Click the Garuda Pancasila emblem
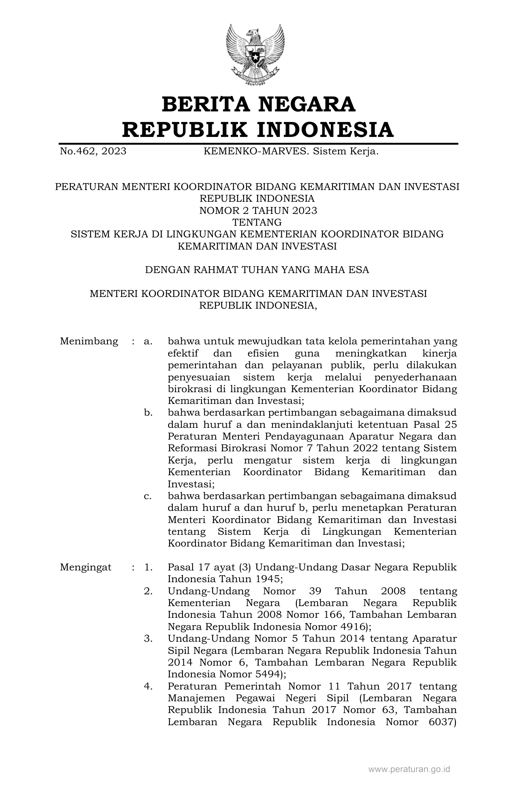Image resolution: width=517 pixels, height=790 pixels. point(255,54)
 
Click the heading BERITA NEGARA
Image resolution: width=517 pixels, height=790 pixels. point(258,104)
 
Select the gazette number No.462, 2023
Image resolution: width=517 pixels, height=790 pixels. point(93,152)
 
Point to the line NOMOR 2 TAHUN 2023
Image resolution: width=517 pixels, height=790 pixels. point(258,210)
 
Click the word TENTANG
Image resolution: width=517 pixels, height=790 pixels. point(257,222)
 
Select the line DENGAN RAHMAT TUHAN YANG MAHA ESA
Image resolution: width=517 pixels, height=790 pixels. point(257,270)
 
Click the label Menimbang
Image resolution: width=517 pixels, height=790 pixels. point(89,341)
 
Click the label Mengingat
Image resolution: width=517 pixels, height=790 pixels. point(86,567)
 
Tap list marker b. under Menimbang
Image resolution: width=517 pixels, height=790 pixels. point(148,413)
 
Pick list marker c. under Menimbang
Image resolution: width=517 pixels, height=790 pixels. point(148,496)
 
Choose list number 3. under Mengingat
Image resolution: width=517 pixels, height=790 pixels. point(148,638)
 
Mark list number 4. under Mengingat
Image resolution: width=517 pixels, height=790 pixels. point(148,686)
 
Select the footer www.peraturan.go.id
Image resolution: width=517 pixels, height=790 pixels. point(409,769)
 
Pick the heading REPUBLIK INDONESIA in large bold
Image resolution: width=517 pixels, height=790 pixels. point(258,130)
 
